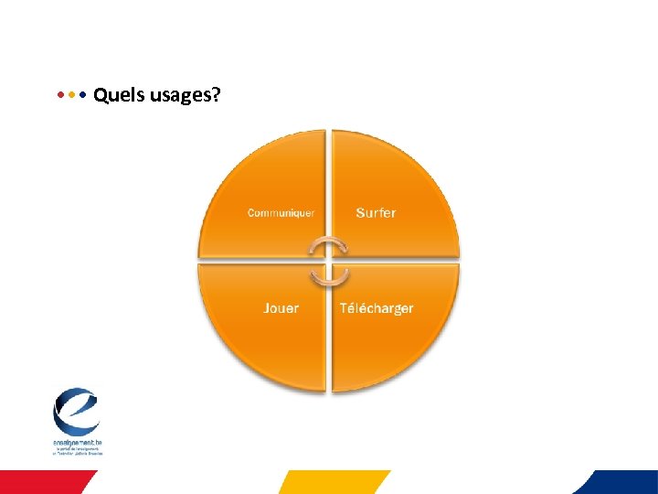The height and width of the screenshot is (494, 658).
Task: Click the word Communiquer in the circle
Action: pyautogui.click(x=281, y=213)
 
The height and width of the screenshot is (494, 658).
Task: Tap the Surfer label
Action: pyautogui.click(x=376, y=212)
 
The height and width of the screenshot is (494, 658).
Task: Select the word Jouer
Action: pyautogui.click(x=281, y=308)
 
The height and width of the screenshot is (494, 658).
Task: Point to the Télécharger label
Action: pyautogui.click(x=377, y=308)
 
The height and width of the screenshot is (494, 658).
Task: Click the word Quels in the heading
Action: pyautogui.click(x=114, y=94)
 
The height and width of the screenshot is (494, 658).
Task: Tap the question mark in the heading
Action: pyautogui.click(x=216, y=94)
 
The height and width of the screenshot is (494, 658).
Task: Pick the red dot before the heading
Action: pyautogui.click(x=60, y=94)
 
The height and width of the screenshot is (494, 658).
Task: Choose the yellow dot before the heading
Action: pyautogui.click(x=71, y=94)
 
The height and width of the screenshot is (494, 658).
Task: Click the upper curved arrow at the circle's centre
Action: pyautogui.click(x=328, y=247)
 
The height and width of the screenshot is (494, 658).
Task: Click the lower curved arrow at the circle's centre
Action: pyautogui.click(x=327, y=274)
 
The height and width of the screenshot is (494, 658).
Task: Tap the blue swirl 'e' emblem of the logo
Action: pyautogui.click(x=76, y=412)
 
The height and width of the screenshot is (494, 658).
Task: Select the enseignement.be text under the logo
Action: pyautogui.click(x=77, y=443)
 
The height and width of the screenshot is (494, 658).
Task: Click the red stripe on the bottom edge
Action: pyautogui.click(x=46, y=482)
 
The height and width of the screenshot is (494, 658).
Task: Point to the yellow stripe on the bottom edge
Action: pyautogui.click(x=334, y=482)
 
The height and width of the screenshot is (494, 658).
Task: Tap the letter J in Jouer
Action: pyautogui.click(x=267, y=308)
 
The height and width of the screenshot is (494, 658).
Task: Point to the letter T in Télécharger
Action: pyautogui.click(x=344, y=308)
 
